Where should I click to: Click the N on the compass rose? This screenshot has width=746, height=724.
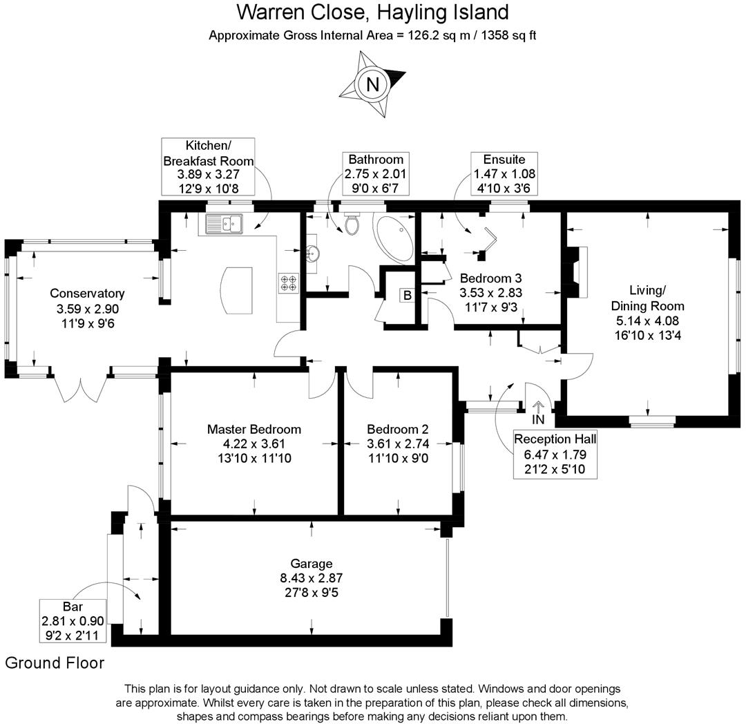point(372,85)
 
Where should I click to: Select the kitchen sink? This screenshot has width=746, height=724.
point(224,224)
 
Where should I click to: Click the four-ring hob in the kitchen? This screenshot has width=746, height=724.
point(289,283)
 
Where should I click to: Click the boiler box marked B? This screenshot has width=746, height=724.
point(408,296)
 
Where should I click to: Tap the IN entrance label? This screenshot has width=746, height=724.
point(538,419)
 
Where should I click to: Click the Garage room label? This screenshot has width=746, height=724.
point(311,564)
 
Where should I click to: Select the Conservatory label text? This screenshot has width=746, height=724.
point(87,294)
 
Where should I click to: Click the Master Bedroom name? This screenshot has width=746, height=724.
point(254,429)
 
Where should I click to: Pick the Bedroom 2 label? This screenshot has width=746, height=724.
point(398,429)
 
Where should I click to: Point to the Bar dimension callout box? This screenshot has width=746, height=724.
point(73,621)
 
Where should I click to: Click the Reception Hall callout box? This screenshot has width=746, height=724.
point(555,455)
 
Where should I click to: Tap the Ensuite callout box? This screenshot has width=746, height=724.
point(504,173)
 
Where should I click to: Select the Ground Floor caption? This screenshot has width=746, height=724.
point(55,663)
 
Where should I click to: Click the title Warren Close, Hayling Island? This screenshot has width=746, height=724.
point(372,12)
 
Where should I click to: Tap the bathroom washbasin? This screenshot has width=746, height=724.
point(312,254)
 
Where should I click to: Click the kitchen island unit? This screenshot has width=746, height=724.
point(236,290)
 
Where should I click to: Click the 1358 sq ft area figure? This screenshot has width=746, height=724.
point(509,36)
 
